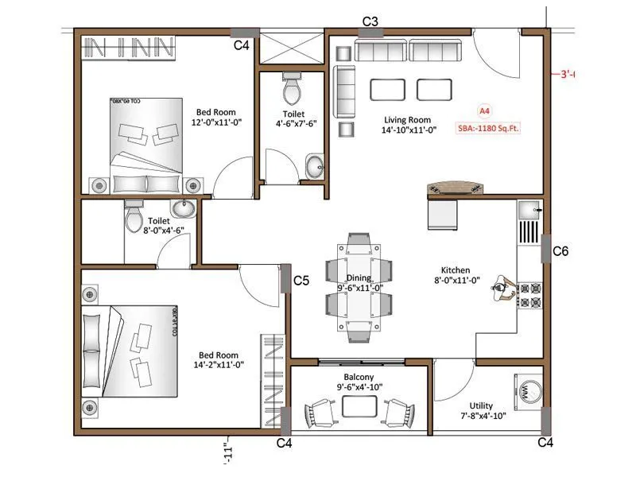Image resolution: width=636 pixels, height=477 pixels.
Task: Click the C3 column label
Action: coord(370,21)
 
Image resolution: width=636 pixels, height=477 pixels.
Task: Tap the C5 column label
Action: coord(301,281)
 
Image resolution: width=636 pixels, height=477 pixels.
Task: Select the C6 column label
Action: coord(560,251)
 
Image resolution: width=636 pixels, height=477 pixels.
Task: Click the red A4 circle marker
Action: coord(484,111)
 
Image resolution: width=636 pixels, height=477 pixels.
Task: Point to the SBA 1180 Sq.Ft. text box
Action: coord(486,126)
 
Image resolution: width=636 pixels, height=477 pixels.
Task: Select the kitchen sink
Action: coord(529,210)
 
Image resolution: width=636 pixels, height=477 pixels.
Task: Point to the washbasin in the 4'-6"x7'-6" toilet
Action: coord(315,168)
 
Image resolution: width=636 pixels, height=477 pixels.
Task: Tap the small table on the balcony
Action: coord(359,406)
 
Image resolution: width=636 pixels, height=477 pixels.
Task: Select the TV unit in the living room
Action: coord(456,188)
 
